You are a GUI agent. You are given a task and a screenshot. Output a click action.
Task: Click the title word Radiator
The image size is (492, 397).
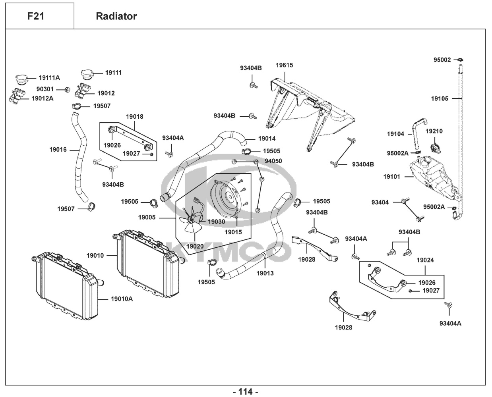(116, 16)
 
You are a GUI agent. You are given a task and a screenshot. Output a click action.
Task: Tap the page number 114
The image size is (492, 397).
(246, 391)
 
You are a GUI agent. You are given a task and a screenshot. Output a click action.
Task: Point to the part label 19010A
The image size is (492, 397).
(122, 299)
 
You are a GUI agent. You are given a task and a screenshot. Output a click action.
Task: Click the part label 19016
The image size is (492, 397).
(58, 150)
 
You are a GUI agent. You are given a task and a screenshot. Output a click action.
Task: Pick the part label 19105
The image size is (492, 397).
(440, 98)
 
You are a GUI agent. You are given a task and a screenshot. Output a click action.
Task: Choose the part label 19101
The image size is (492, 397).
(391, 177)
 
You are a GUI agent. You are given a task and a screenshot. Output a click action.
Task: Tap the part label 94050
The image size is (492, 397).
(273, 161)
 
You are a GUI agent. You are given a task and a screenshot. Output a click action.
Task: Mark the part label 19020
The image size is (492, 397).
(195, 246)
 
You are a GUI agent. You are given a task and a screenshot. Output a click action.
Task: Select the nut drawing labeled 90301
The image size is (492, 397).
(67, 89)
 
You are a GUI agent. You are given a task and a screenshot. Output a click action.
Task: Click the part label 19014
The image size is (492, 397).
(267, 139)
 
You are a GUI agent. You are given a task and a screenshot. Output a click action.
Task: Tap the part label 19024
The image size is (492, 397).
(425, 260)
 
